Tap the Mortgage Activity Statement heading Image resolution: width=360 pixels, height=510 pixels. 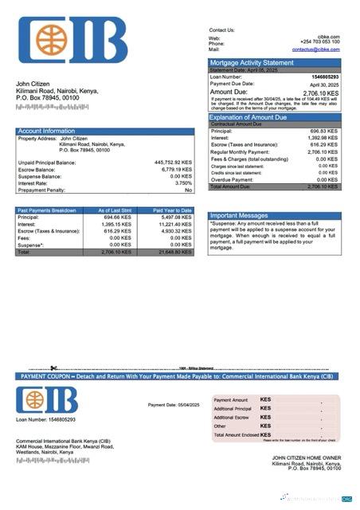(x=251, y=62)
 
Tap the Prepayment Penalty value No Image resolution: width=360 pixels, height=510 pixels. (x=188, y=190)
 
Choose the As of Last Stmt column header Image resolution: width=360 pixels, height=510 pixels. (x=115, y=210)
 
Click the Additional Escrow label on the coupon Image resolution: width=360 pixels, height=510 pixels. (x=231, y=418)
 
